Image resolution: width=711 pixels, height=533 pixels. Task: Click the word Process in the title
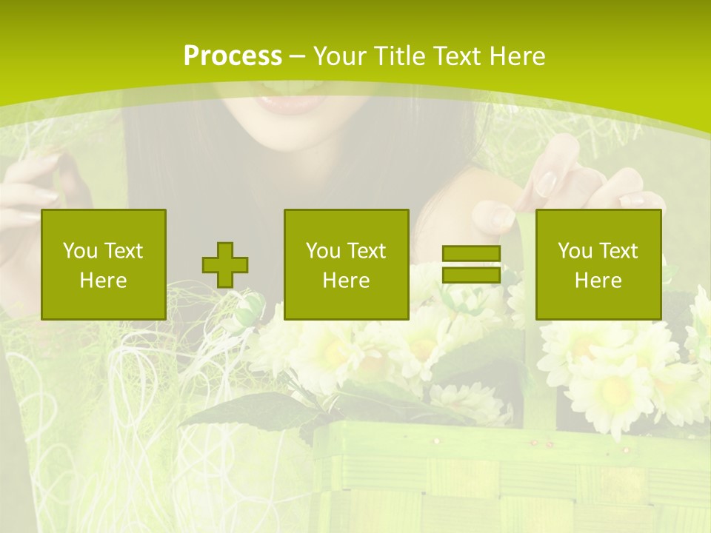[233, 56]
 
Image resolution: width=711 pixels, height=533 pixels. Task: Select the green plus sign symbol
[225, 265]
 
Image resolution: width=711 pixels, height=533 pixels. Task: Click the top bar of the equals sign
[471, 254]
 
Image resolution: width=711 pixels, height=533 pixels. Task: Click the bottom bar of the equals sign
[471, 275]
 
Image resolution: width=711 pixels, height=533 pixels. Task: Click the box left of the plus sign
[104, 264]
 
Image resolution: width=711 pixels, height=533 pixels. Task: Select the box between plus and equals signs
[346, 264]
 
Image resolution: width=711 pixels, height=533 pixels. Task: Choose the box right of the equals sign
[598, 264]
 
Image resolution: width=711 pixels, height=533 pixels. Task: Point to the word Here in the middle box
[346, 281]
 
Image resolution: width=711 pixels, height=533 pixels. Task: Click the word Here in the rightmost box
[598, 281]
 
